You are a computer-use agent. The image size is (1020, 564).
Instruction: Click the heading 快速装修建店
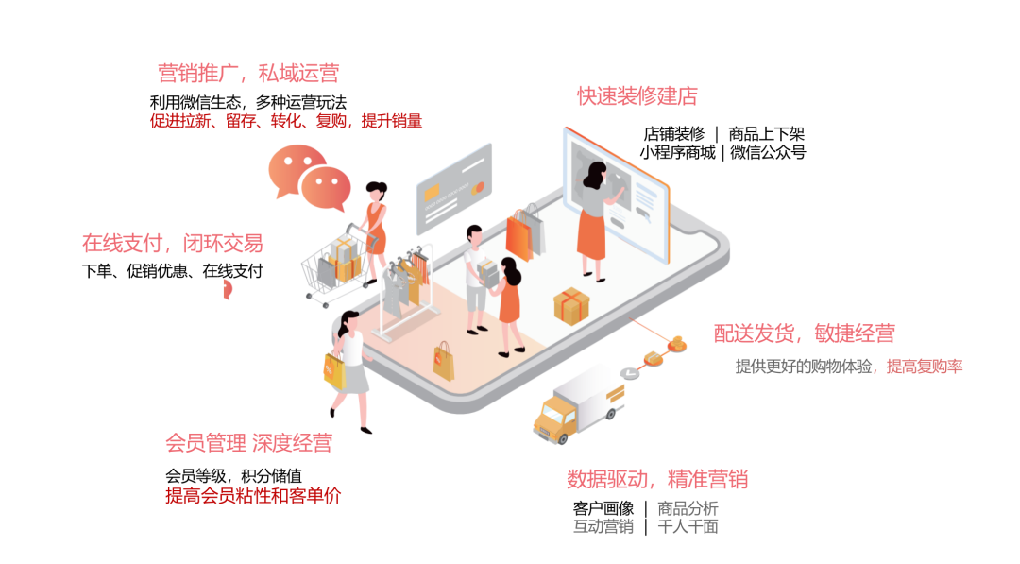click(x=637, y=96)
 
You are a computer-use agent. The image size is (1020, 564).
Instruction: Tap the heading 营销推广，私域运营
click(x=248, y=74)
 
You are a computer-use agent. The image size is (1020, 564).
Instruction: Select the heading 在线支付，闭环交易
click(x=173, y=244)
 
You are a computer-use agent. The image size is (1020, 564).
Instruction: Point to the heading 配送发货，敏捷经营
click(x=804, y=333)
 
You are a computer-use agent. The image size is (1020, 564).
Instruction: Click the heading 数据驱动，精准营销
click(x=657, y=479)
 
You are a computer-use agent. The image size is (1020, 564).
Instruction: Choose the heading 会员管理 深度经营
click(x=248, y=442)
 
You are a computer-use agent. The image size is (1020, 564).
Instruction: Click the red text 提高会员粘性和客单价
click(x=252, y=496)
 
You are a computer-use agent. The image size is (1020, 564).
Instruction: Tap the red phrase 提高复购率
click(x=925, y=367)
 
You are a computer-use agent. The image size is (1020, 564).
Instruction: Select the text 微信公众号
click(x=768, y=152)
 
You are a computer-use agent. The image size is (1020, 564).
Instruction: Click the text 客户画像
click(x=603, y=508)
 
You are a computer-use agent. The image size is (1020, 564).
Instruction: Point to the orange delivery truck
click(x=577, y=405)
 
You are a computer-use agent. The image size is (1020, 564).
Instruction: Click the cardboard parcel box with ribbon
click(x=571, y=305)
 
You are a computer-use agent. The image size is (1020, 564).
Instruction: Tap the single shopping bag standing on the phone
click(x=443, y=361)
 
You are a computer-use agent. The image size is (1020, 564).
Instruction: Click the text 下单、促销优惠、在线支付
click(x=172, y=271)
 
